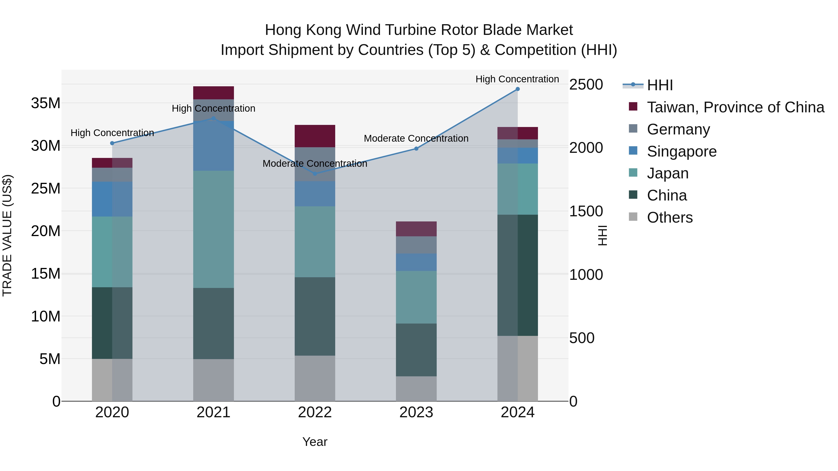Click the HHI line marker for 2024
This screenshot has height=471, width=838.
517,89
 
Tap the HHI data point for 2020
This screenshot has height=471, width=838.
112,143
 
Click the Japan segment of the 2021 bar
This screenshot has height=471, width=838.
213,229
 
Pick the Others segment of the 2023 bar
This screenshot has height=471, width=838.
416,388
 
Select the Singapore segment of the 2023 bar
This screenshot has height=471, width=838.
416,262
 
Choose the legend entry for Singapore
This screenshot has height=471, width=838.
682,151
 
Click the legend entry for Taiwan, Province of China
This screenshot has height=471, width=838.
735,107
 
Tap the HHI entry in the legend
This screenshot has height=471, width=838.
660,85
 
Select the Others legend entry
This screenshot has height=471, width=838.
669,217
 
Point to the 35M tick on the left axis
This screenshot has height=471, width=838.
46,103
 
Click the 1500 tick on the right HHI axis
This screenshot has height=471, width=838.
586,211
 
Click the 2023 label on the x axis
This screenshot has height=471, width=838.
416,412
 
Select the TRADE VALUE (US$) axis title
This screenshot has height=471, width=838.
7,235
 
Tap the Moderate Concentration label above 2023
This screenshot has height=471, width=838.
416,138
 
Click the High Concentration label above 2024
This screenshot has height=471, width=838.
517,79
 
